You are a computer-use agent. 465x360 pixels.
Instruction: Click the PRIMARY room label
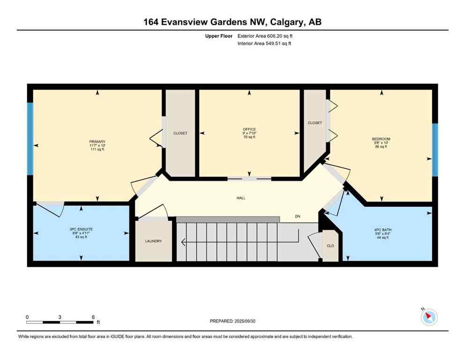tap(97, 142)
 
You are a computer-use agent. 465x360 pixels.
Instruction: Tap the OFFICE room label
tap(249, 129)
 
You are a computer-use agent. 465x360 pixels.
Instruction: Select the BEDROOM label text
tap(380, 139)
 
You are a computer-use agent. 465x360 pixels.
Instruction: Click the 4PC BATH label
tap(380, 229)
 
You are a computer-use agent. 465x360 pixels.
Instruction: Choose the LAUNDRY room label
tap(153, 241)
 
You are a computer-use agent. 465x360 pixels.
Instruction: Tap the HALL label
tap(241, 198)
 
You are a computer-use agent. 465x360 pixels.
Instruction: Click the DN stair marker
tap(297, 217)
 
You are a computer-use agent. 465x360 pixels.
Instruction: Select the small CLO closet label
tap(330, 246)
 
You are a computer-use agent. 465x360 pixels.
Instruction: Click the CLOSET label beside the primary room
tap(180, 133)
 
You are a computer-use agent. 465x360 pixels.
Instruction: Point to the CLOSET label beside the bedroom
tap(315, 123)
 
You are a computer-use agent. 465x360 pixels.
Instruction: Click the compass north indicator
tap(428, 317)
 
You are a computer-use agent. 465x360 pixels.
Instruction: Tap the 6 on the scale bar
tap(93, 317)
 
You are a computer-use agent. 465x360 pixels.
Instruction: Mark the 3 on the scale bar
tap(60, 317)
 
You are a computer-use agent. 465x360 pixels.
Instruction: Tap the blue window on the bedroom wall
tap(435, 150)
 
